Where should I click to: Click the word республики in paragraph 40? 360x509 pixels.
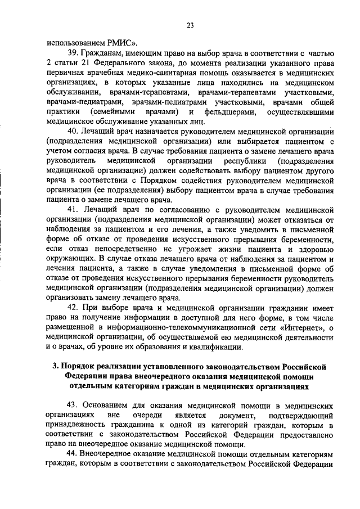237,163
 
